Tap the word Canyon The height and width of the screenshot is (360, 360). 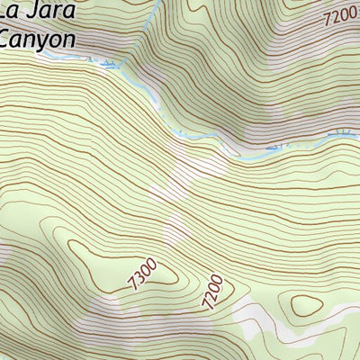tap(36, 39)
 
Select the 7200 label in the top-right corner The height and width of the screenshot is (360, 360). tap(340, 14)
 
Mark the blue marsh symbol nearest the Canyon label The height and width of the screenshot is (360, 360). tap(109, 63)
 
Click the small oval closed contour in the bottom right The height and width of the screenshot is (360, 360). tap(306, 306)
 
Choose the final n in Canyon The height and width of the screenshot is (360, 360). tap(66, 39)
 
